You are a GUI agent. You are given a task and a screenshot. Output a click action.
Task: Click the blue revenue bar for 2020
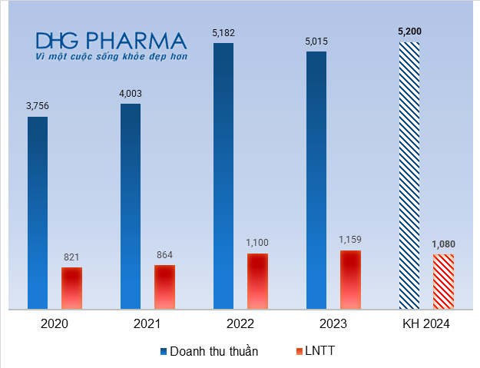[38, 213]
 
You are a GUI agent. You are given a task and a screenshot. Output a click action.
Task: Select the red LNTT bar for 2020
[71, 288]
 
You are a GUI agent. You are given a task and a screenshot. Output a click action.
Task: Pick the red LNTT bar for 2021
[164, 287]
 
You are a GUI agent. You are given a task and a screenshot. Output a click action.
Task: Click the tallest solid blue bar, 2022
[223, 176]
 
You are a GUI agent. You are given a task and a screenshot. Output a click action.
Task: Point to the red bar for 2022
[257, 281]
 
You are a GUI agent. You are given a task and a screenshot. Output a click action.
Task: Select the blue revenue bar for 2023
[316, 181]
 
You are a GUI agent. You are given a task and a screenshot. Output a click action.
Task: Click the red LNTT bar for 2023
[350, 280]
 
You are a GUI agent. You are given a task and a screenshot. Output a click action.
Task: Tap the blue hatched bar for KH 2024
[409, 176]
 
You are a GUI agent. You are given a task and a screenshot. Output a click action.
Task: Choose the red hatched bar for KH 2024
[443, 282]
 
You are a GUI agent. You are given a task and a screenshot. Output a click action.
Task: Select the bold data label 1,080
[443, 244]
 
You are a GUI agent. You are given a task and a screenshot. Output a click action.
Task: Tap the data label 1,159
[350, 240]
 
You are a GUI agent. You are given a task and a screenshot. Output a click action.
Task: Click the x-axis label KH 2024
[425, 324]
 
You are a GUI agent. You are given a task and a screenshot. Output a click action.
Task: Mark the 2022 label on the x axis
[240, 324]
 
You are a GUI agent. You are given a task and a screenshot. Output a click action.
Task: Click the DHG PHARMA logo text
[111, 41]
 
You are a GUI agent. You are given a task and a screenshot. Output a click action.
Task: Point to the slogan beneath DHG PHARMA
[111, 56]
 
